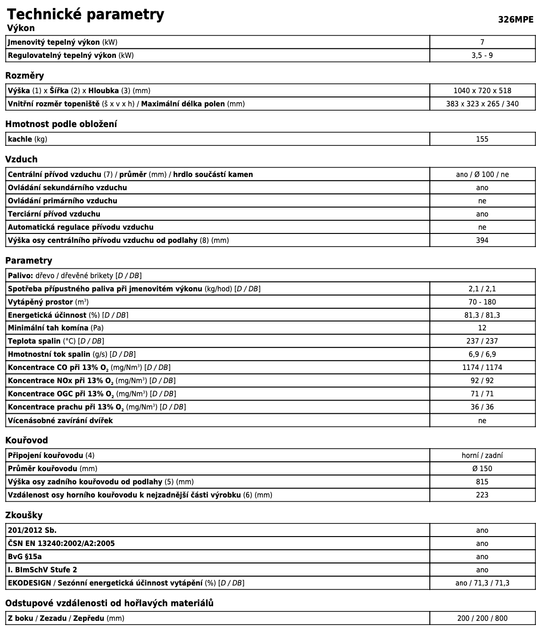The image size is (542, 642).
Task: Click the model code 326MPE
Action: tap(516, 19)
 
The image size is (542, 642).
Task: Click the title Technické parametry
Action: tap(85, 14)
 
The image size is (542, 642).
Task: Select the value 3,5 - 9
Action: tap(482, 56)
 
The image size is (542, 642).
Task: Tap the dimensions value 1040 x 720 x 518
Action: tap(482, 91)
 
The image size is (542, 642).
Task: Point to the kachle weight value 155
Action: tap(482, 139)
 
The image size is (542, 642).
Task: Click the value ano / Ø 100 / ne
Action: tap(482, 175)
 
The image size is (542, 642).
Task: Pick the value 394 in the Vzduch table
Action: tap(482, 241)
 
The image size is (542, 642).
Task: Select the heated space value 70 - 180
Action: tap(482, 302)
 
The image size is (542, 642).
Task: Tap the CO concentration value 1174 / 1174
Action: tap(482, 368)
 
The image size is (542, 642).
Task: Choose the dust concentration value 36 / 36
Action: tap(482, 407)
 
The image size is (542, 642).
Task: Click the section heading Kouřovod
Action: tap(26, 441)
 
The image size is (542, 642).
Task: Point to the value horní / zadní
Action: tap(482, 456)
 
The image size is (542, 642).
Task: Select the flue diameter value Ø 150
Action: tap(482, 469)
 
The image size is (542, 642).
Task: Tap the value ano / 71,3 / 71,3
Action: tap(482, 583)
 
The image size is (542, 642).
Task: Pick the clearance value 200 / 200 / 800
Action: tap(482, 618)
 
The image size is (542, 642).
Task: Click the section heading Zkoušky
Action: tap(24, 515)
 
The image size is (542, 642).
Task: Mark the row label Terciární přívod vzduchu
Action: tap(54, 214)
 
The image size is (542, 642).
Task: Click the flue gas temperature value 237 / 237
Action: tap(482, 341)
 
